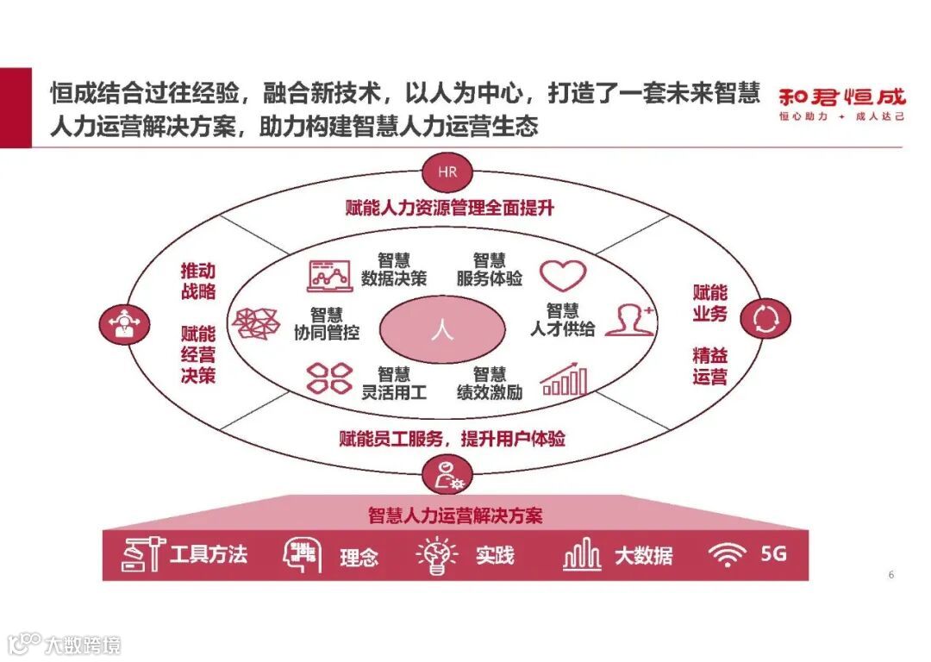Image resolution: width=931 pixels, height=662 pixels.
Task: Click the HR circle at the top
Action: pyautogui.click(x=447, y=172)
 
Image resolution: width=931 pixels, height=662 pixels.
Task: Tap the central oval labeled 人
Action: pyautogui.click(x=442, y=331)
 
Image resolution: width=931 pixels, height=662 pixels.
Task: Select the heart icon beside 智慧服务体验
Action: pyautogui.click(x=563, y=274)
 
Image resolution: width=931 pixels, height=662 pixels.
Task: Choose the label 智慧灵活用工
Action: pyautogui.click(x=394, y=383)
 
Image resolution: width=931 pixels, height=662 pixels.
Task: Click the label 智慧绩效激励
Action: pyautogui.click(x=490, y=383)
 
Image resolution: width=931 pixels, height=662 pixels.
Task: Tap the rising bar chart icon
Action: pyautogui.click(x=564, y=378)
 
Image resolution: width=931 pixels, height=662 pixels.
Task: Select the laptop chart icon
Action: pyautogui.click(x=329, y=273)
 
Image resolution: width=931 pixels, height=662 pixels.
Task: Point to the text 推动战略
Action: pyautogui.click(x=198, y=279)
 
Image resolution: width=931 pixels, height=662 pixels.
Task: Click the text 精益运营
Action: pyautogui.click(x=709, y=365)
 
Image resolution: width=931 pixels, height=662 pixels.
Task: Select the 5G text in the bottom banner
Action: pyautogui.click(x=773, y=554)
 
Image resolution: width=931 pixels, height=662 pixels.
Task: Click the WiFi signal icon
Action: pyautogui.click(x=728, y=555)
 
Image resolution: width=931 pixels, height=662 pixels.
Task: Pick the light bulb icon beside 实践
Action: pyautogui.click(x=437, y=556)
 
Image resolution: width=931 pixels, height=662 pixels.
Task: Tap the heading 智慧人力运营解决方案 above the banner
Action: pyautogui.click(x=455, y=515)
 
